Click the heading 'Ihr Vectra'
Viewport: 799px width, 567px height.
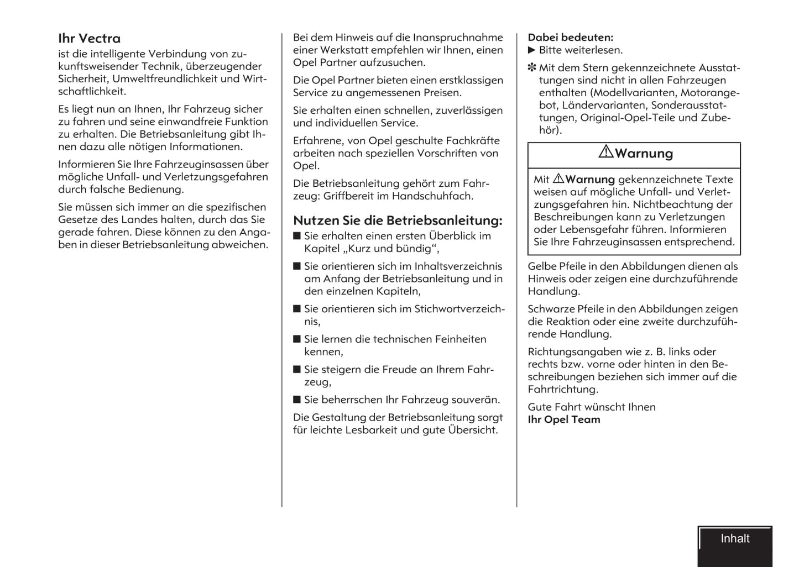tap(89, 39)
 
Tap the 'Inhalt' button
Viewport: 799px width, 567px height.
tap(735, 539)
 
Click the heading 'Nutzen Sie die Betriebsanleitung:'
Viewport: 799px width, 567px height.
tap(398, 221)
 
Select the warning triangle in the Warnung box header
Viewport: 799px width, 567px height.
tap(606, 152)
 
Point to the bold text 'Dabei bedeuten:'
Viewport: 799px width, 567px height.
tap(570, 38)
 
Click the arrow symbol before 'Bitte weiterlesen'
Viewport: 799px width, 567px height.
tap(532, 50)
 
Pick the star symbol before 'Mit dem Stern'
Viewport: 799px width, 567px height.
tap(532, 68)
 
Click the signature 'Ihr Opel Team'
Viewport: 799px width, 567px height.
tap(563, 419)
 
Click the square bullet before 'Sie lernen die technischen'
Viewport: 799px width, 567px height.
tap(297, 339)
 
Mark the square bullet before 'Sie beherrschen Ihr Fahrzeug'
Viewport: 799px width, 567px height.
tap(297, 400)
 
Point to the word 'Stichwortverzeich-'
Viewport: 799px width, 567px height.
tap(459, 309)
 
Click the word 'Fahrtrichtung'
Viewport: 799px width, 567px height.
tap(562, 390)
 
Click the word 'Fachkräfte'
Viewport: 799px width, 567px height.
tap(472, 141)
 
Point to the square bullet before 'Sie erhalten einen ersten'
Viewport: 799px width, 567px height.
tap(297, 236)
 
